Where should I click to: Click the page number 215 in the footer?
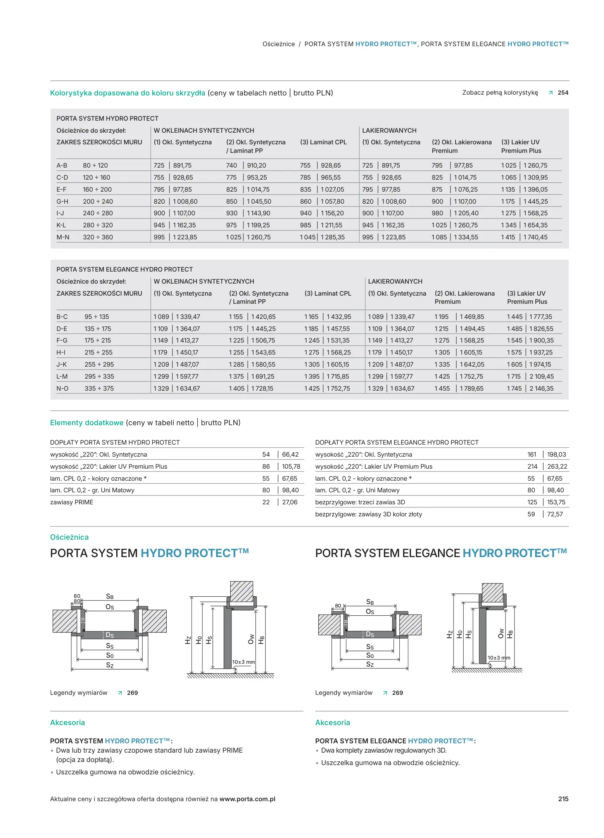pos(563,799)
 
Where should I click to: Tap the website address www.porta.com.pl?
pos(247,799)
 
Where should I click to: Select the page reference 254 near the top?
pos(563,93)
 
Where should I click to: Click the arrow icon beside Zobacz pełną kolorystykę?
pos(551,93)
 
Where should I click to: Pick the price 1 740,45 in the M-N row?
pos(535,237)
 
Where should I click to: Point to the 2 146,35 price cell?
pos(541,388)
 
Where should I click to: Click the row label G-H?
pos(62,201)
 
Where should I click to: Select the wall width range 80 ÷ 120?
pos(95,165)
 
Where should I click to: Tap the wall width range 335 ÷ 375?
pos(99,388)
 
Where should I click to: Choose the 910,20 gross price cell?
pos(257,165)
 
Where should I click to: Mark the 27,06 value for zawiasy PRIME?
pos(290,502)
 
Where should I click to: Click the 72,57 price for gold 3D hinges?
pos(555,514)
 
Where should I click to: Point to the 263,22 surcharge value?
pos(557,466)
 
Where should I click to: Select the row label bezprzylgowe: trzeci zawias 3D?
pos(360,502)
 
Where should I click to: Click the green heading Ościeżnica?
pos(69,537)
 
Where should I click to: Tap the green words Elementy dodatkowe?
pos(87,422)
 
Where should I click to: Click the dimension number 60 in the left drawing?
pos(77,596)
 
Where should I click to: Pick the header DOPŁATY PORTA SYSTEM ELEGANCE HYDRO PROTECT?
pos(397,442)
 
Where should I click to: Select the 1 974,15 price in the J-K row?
pos(540,364)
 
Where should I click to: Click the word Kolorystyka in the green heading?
pos(70,93)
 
